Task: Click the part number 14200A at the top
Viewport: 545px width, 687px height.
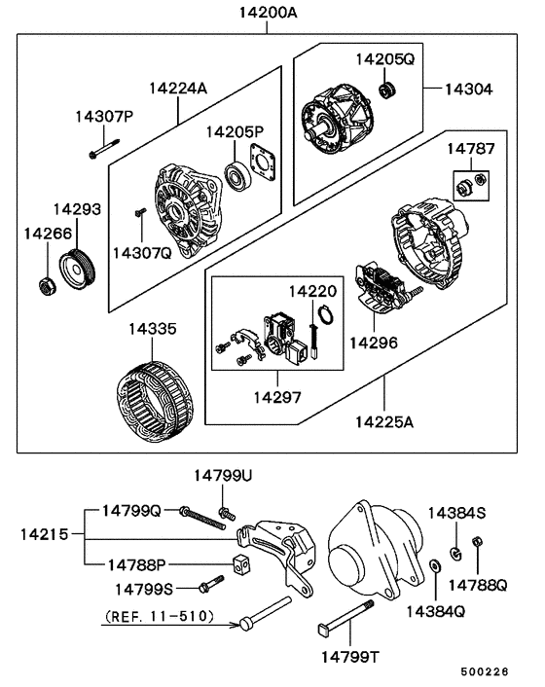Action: tap(268, 13)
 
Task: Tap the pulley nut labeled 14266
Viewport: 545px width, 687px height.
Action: tap(48, 286)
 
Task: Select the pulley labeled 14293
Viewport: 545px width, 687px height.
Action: tap(77, 270)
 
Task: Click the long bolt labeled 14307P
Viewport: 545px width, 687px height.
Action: tap(104, 148)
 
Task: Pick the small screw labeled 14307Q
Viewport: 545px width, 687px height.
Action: tap(140, 212)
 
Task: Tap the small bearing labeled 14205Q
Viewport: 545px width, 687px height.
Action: tap(387, 90)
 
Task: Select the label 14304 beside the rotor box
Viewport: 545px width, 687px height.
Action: tap(469, 90)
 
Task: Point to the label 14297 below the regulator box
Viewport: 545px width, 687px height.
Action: tap(277, 397)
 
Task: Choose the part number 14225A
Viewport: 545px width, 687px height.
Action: tap(384, 422)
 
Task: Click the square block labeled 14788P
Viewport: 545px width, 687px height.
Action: tap(240, 564)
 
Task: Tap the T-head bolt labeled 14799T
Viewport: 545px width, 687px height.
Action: tap(345, 617)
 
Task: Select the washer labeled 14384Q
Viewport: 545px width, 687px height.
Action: tap(435, 565)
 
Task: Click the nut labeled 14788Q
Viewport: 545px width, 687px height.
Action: tap(477, 542)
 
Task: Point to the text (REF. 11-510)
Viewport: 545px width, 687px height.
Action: tap(160, 617)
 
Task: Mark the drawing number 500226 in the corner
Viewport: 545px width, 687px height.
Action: tap(485, 671)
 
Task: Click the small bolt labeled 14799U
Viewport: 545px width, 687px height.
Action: tap(227, 513)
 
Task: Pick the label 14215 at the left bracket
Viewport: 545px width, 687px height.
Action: tap(44, 534)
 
